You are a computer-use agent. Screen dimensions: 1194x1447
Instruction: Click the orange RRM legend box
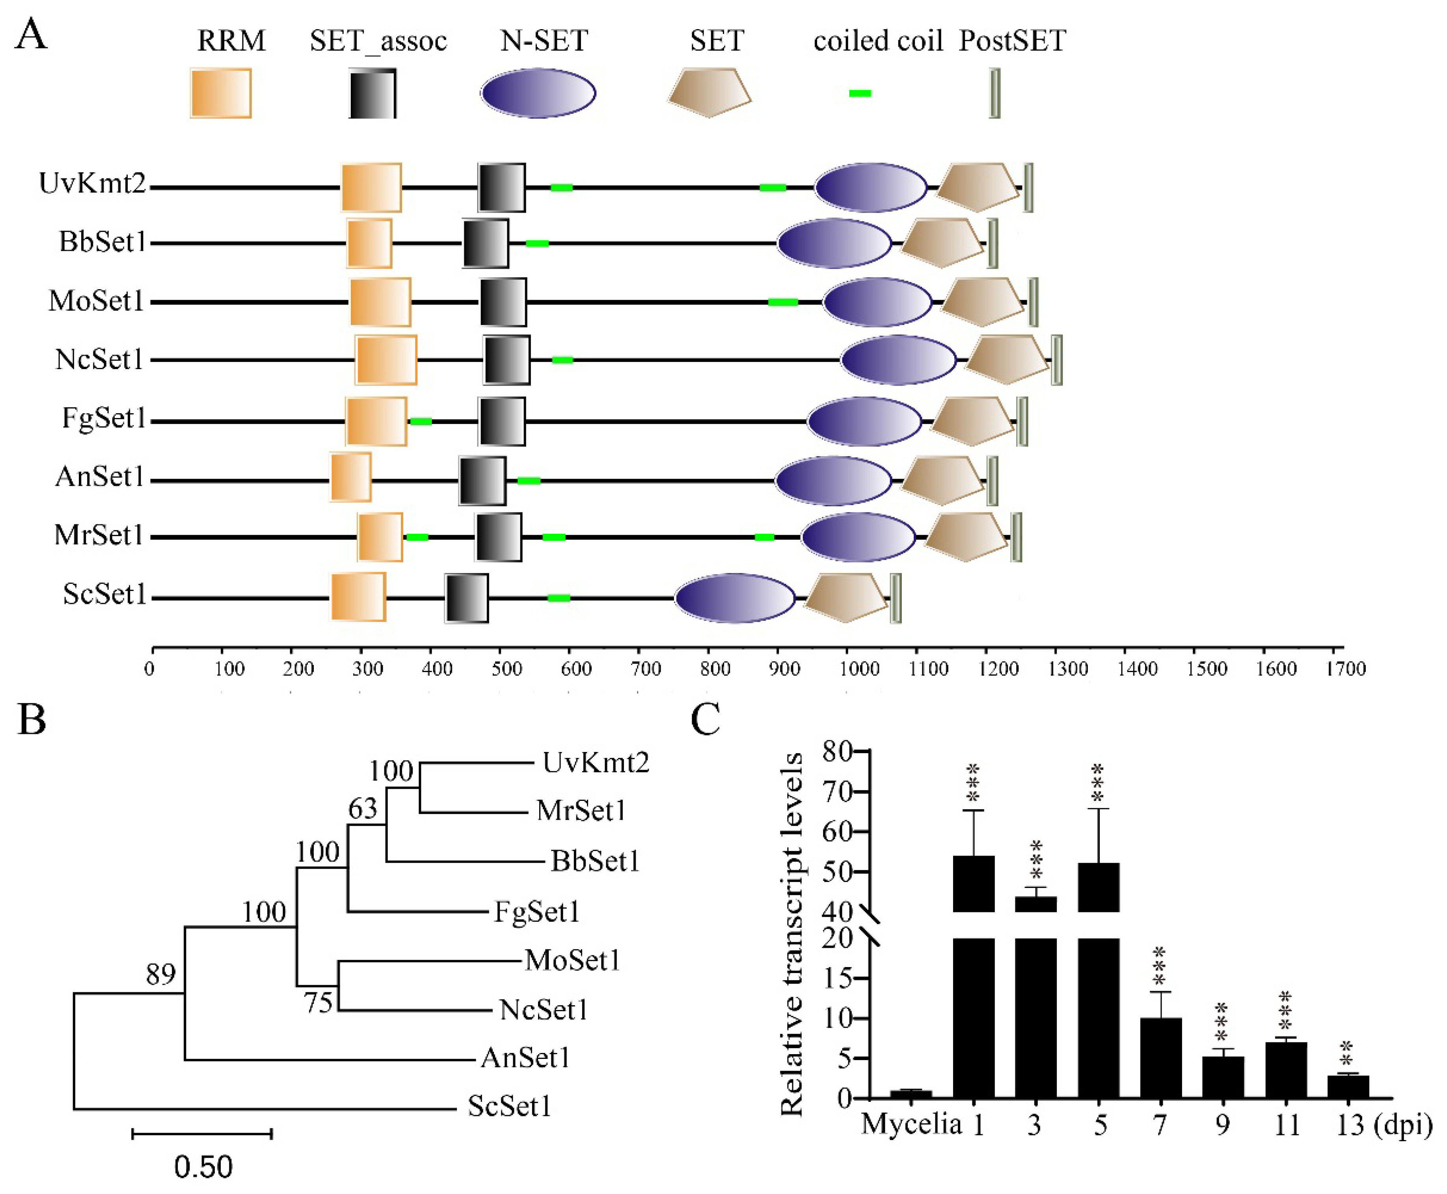coord(220,93)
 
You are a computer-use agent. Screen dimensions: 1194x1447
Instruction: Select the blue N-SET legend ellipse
coord(538,93)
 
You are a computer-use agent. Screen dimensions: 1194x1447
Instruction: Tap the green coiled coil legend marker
coord(860,93)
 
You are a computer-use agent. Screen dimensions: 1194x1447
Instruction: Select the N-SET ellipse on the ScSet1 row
coord(734,598)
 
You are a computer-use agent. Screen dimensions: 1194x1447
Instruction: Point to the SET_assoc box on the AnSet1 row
coord(483,480)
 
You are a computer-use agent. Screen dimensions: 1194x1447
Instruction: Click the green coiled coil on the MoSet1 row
coord(783,302)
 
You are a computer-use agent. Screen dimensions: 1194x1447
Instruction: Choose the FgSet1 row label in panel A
coord(104,418)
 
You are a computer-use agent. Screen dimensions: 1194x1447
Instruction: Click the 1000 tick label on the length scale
coord(859,668)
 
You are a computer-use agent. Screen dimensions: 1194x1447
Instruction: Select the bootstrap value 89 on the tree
coord(160,974)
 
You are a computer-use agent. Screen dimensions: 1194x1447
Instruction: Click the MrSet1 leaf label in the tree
coord(581,810)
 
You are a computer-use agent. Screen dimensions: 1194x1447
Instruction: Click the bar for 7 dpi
coord(1161,1058)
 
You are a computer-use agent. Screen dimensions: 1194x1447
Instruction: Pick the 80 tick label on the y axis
coord(837,752)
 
